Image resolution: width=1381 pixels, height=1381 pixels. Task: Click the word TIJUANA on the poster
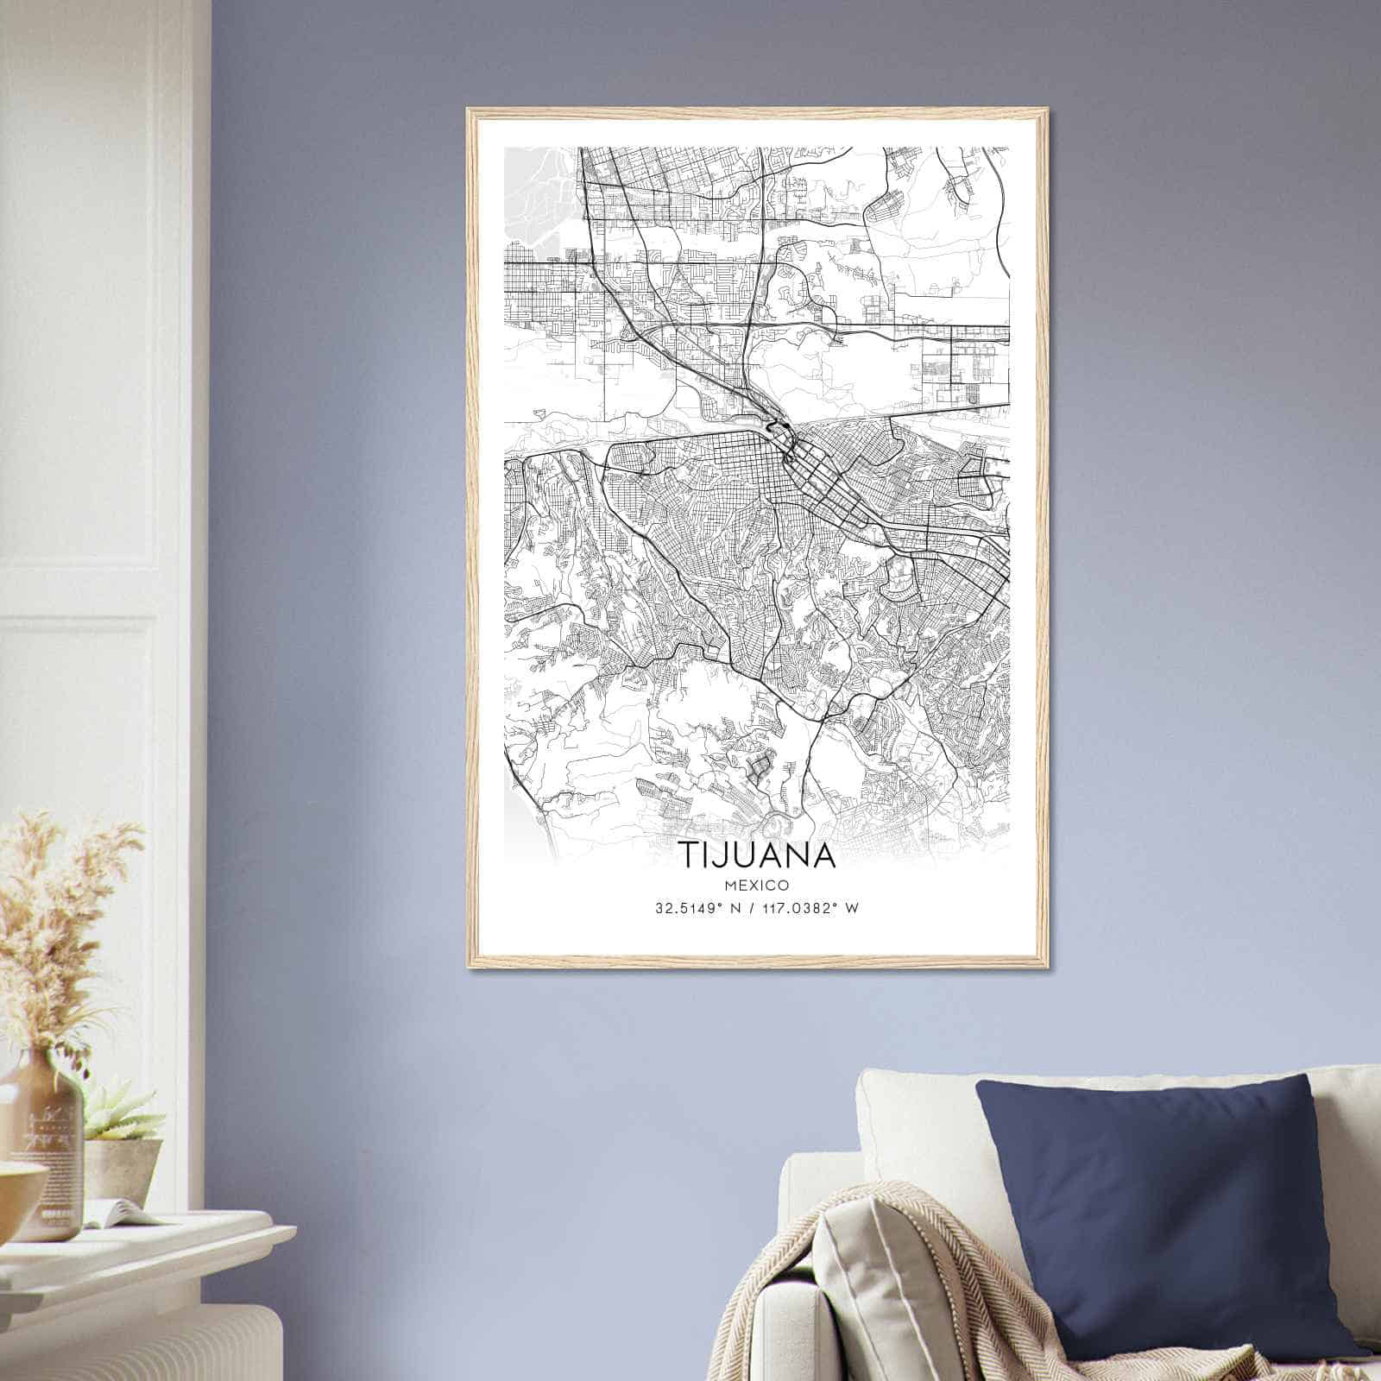click(x=758, y=854)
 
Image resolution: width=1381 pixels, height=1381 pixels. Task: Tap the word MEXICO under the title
click(x=757, y=885)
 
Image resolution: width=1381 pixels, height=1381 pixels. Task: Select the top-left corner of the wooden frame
click(x=469, y=110)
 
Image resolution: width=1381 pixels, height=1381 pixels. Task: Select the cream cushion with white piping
click(x=915, y=1122)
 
